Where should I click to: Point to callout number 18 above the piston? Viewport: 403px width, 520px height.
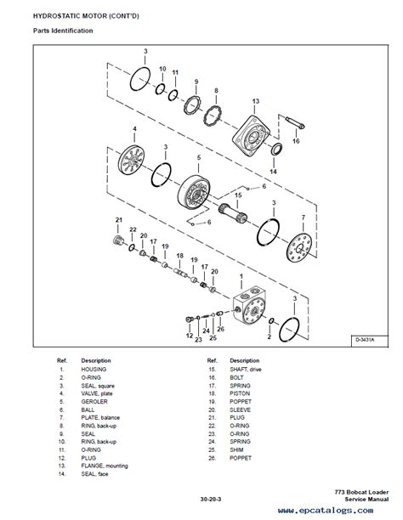[x=179, y=256]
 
